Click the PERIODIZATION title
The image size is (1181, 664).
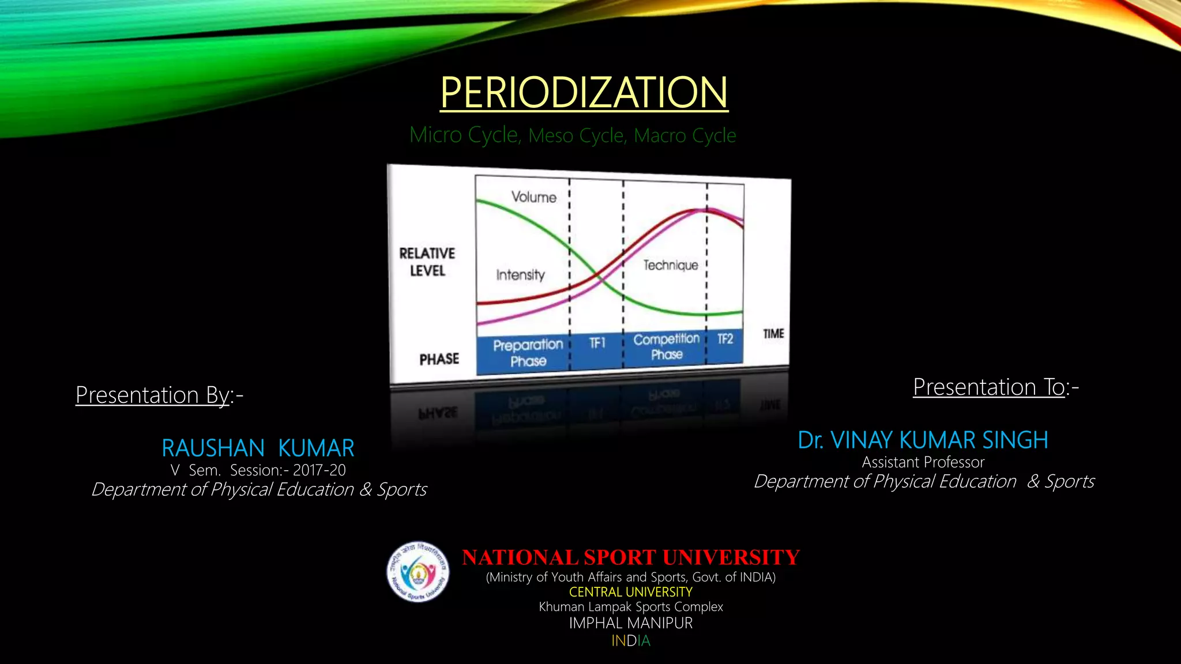pos(584,92)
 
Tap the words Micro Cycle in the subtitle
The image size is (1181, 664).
pos(464,135)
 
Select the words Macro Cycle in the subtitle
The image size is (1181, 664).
pos(684,135)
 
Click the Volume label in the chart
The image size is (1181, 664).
pos(533,197)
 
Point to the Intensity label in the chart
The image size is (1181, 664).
pos(520,275)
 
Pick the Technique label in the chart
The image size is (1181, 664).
pos(671,265)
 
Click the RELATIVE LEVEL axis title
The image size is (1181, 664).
pos(427,262)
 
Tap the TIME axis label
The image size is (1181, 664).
pos(773,334)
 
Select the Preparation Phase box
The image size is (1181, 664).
pos(528,353)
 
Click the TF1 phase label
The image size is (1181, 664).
pos(597,343)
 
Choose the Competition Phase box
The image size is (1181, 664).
pos(667,346)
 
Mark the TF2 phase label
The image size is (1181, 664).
pos(725,339)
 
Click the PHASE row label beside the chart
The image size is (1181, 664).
pos(439,359)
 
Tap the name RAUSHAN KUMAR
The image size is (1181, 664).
pos(258,448)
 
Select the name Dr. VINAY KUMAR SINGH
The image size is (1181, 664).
pos(923,440)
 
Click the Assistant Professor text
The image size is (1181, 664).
pos(923,462)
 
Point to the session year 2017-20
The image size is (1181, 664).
pos(319,470)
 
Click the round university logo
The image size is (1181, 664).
pos(418,572)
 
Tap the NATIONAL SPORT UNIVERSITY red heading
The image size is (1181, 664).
pos(631,557)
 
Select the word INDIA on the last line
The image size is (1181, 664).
pos(631,641)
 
